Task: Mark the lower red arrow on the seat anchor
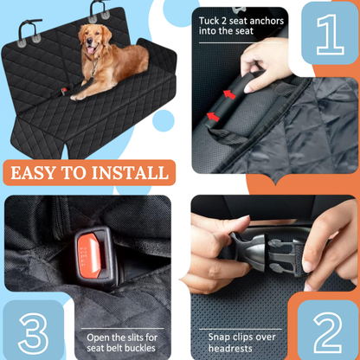(215, 114)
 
